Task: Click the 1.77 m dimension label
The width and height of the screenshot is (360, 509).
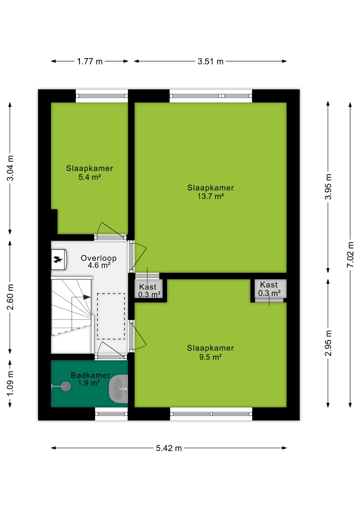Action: coord(90,62)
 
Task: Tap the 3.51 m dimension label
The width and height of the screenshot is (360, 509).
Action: coord(210,62)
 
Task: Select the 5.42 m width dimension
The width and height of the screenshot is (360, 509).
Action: coord(169,448)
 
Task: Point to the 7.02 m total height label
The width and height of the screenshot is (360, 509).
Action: coord(350,254)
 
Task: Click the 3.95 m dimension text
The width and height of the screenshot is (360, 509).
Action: coord(328,187)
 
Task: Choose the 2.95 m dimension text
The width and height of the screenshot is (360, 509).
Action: coord(328,343)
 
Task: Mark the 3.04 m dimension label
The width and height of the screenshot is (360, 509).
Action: coord(10,168)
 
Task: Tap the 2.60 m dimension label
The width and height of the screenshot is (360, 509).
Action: coord(10,297)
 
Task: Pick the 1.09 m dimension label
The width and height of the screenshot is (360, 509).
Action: coord(10,384)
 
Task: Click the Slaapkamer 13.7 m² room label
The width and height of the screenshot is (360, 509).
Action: coord(210,192)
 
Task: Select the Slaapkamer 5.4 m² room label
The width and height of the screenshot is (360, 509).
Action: coord(90,173)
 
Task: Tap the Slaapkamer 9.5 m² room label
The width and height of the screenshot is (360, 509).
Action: coord(210,352)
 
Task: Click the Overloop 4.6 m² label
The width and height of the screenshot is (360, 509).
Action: coord(99,261)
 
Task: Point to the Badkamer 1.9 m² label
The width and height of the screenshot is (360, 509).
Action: coord(90,379)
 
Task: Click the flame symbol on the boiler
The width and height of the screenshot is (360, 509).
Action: coord(58,259)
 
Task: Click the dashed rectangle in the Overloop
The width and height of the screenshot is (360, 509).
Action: coord(111,316)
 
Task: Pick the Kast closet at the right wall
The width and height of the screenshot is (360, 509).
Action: coord(269,289)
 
